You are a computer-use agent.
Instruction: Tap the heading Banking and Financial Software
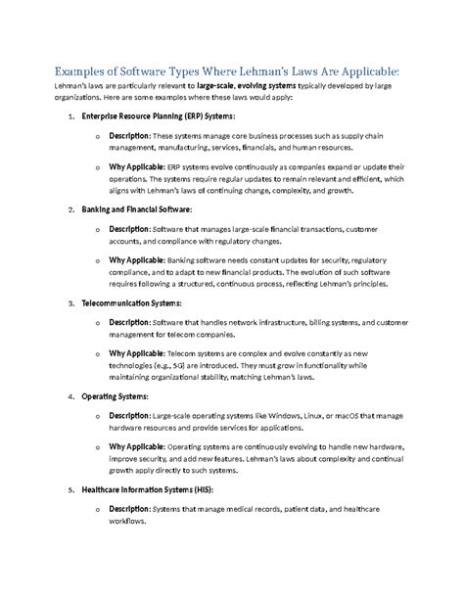tap(137, 209)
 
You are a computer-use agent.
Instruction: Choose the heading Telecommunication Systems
tap(131, 303)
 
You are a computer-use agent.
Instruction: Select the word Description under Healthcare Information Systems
tap(129, 510)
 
